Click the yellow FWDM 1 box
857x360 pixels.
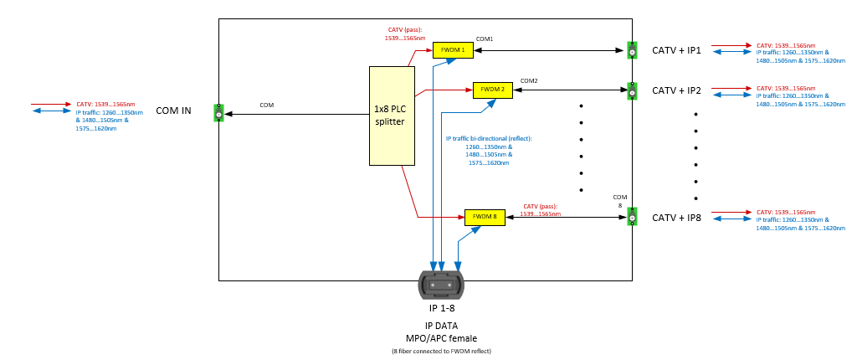tap(453, 50)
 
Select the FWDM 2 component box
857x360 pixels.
tap(492, 90)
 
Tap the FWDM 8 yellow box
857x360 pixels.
tap(485, 217)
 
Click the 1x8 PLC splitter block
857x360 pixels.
tap(392, 116)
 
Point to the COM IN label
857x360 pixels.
tap(173, 111)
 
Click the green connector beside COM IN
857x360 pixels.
tap(218, 112)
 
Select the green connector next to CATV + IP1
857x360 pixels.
tap(633, 50)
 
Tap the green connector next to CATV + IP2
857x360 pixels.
tap(633, 90)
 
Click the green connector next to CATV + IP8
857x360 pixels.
tap(633, 216)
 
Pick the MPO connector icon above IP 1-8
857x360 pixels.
tap(441, 285)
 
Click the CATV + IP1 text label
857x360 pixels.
tap(676, 50)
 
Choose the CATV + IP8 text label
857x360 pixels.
tap(676, 218)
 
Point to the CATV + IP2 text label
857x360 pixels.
tap(676, 90)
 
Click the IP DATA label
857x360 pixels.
tap(441, 326)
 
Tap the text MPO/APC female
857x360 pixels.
tap(441, 338)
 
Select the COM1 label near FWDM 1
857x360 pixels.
tap(485, 39)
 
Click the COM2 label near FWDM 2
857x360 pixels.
tap(529, 80)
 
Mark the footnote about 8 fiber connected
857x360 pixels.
tap(441, 351)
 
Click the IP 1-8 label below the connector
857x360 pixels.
tap(441, 308)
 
